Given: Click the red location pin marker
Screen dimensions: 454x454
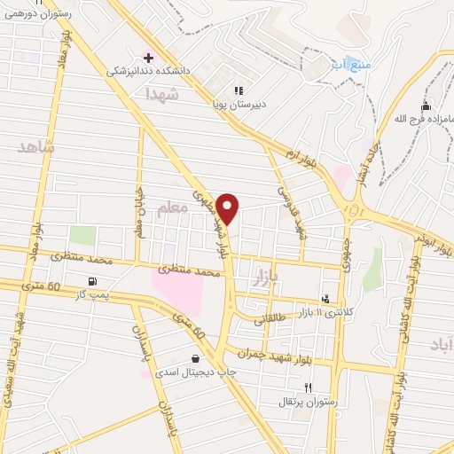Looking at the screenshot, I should click(x=228, y=208).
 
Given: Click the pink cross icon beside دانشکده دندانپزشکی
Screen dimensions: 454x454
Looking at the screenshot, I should click(x=148, y=56).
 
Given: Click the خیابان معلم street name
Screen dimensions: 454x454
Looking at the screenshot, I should click(x=138, y=213).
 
